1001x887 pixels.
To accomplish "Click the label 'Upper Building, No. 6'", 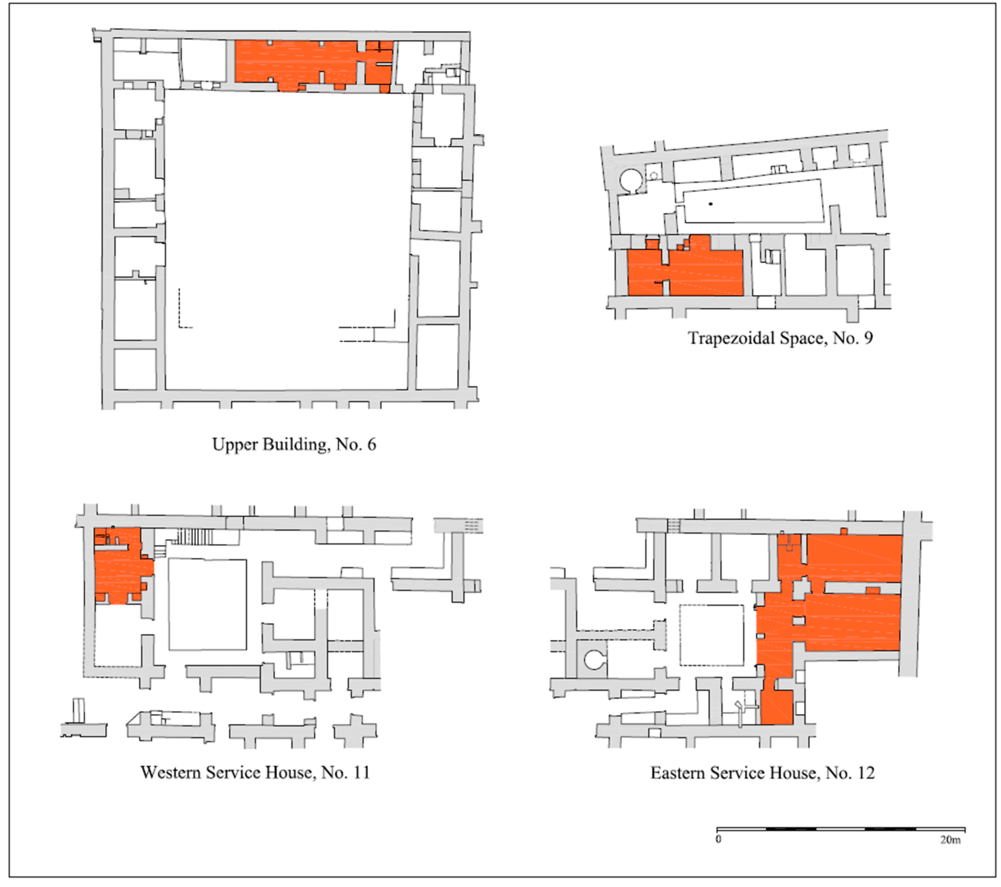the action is (x=294, y=445).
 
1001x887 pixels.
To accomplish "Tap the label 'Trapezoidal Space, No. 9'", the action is (x=780, y=338).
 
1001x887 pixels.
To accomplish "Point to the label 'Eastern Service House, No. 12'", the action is (x=762, y=773).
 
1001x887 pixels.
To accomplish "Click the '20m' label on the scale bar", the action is (x=950, y=840).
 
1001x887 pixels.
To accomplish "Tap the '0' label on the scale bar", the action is (x=719, y=839).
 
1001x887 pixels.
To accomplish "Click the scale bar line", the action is (x=841, y=829).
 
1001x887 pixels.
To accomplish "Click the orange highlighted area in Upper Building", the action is (x=313, y=63).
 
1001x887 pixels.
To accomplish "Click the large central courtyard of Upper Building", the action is (x=286, y=240).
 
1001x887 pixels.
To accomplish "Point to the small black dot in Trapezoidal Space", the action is (x=711, y=204).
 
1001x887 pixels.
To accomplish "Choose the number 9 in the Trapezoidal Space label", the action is (x=868, y=338).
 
